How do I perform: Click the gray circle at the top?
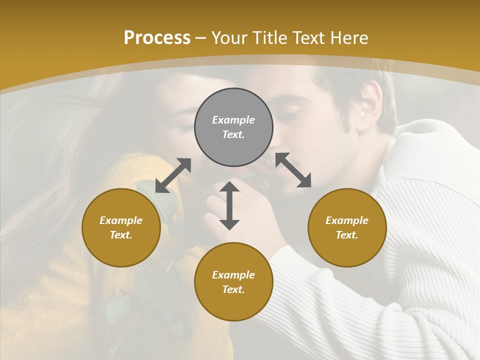233,127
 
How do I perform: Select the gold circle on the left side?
121,227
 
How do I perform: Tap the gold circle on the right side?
347,227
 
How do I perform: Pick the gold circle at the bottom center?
233,281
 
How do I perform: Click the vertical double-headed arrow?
229,205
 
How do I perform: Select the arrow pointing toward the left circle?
173,175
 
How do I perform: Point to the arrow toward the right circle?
293,170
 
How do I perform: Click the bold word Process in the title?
157,37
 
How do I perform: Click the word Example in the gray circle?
233,120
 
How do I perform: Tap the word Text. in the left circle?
121,235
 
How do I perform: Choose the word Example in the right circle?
347,220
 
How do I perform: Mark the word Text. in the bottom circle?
233,289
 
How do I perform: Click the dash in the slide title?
201,38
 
